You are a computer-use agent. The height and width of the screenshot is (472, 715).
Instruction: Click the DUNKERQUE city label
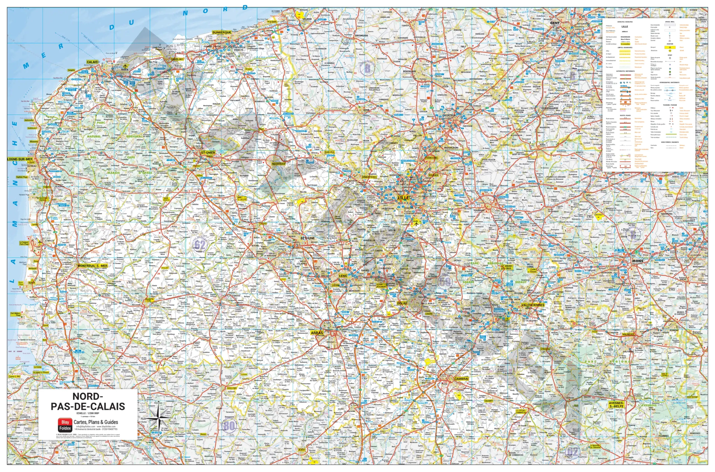pyautogui.click(x=221, y=32)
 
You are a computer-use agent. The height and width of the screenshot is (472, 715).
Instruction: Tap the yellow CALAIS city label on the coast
pyautogui.click(x=92, y=62)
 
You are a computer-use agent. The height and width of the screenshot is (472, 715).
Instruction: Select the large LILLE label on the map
pyautogui.click(x=403, y=198)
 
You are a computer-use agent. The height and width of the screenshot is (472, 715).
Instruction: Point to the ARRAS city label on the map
pyautogui.click(x=317, y=333)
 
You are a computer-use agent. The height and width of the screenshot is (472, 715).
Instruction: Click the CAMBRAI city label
pyautogui.click(x=461, y=379)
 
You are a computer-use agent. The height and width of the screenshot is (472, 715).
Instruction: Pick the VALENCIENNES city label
pyautogui.click(x=533, y=305)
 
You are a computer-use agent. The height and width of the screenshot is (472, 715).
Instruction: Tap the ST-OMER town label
pyautogui.click(x=208, y=152)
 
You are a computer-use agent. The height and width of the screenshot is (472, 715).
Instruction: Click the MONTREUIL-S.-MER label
pyautogui.click(x=92, y=266)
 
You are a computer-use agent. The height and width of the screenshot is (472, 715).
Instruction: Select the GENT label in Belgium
pyautogui.click(x=555, y=23)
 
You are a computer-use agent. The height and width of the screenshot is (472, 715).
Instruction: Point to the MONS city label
pyautogui.click(x=637, y=261)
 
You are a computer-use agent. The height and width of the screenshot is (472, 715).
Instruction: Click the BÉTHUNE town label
pyautogui.click(x=308, y=238)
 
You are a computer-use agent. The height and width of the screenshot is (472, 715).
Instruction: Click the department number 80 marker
pyautogui.click(x=229, y=426)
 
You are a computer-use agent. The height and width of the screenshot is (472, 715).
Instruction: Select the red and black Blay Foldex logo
pyautogui.click(x=65, y=425)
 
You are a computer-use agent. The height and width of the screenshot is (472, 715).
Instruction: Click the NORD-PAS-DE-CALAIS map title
pyautogui.click(x=88, y=401)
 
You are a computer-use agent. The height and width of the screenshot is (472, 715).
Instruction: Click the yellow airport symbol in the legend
pyautogui.click(x=670, y=47)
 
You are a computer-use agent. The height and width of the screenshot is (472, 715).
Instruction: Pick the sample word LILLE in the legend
pyautogui.click(x=625, y=27)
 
